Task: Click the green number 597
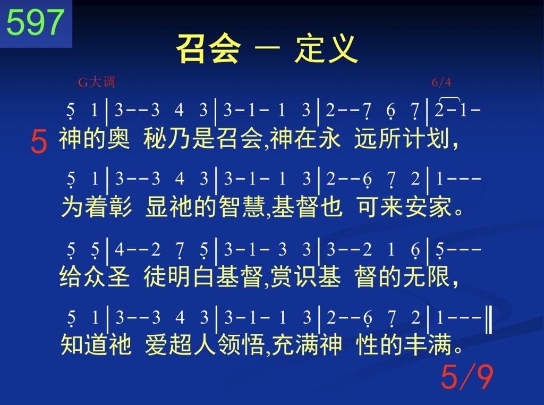36,22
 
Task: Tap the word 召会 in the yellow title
208,49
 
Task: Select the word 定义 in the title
326,49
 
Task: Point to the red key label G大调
97,82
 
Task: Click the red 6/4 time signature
441,82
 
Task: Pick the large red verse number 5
38,141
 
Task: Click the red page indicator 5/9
467,377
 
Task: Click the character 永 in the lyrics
328,138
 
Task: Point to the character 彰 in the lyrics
121,207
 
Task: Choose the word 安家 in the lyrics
428,207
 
